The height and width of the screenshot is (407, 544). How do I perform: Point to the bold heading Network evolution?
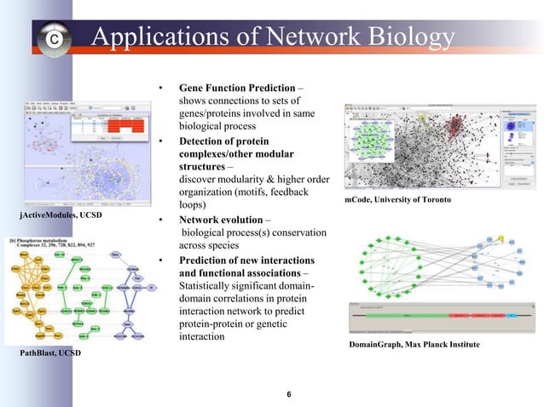click(x=222, y=221)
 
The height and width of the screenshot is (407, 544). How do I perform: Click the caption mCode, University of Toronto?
click(x=399, y=198)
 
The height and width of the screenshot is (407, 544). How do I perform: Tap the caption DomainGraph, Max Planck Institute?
click(x=414, y=344)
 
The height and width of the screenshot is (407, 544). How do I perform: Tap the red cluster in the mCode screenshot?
click(x=455, y=127)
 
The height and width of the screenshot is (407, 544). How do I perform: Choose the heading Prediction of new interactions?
click(x=246, y=260)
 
